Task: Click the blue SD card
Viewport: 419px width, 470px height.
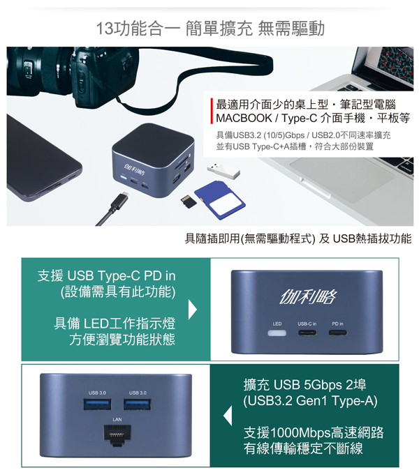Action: point(220,200)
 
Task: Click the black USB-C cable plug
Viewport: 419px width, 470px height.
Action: point(122,201)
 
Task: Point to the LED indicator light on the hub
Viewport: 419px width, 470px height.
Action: point(277,333)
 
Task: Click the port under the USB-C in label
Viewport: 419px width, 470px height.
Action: point(307,333)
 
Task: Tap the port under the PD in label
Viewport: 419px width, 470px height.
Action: point(338,333)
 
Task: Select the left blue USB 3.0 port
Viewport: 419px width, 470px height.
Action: point(97,404)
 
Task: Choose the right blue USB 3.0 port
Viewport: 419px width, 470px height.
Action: point(138,404)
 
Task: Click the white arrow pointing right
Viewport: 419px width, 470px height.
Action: point(193,310)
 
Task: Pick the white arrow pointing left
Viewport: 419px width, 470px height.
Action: point(228,416)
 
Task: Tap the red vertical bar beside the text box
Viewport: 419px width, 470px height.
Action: point(212,111)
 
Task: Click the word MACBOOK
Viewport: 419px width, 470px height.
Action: point(244,118)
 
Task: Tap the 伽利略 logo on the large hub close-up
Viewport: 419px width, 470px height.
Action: point(308,297)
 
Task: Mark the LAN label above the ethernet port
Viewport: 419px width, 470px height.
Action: point(117,419)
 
